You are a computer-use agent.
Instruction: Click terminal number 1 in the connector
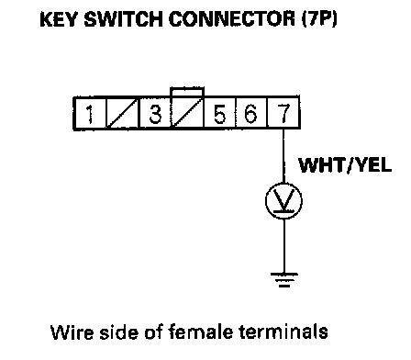coord(90,113)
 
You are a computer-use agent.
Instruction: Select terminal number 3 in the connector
coord(155,113)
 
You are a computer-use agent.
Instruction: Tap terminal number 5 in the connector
coord(219,113)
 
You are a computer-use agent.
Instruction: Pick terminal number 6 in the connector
coord(251,113)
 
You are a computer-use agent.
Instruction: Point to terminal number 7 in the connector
coord(283,113)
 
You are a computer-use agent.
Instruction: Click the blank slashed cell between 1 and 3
coord(122,113)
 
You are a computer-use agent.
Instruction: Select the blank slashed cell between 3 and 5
coord(187,113)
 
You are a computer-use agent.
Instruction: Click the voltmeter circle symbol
coord(283,201)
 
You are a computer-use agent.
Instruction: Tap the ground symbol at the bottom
coord(284,280)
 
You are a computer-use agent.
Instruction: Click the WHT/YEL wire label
coord(345,165)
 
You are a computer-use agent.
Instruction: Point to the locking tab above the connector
coord(187,92)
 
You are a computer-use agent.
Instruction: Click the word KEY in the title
coord(59,19)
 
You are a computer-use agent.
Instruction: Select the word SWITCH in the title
coord(123,19)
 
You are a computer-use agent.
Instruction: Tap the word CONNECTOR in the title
coord(232,19)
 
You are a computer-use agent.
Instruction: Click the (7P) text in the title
coord(319,19)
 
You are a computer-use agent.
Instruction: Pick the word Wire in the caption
coord(72,332)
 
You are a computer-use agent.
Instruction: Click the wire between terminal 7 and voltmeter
coord(283,156)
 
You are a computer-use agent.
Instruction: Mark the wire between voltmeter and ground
coord(284,246)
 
